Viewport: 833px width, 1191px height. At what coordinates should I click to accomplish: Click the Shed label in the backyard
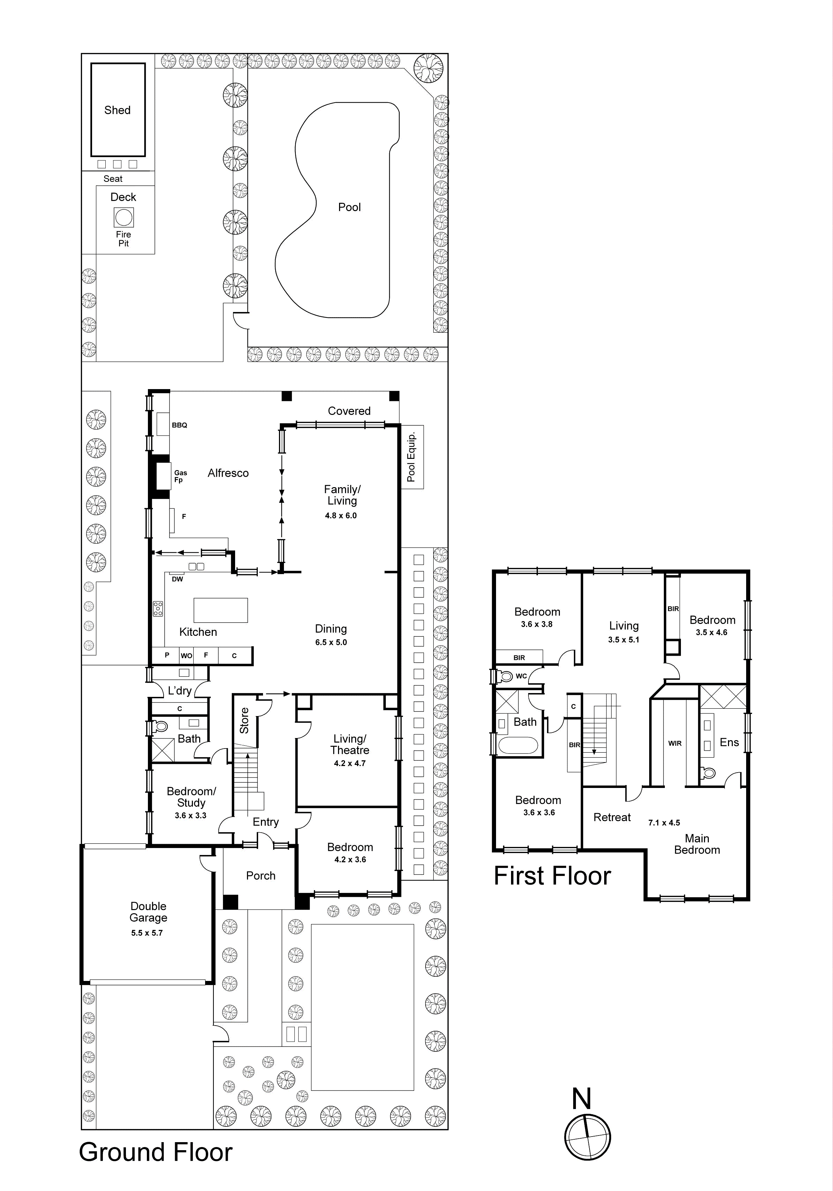117,110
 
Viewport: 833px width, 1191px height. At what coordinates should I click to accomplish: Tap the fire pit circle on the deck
123,217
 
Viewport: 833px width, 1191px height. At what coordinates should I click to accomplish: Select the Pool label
349,207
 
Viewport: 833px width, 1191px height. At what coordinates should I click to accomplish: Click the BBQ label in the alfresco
179,425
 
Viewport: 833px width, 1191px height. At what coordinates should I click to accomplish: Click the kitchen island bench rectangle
220,610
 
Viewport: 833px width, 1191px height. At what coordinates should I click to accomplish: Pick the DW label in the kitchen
178,579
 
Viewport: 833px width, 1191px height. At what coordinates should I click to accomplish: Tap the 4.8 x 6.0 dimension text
341,516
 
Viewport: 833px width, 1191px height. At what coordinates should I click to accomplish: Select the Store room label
244,721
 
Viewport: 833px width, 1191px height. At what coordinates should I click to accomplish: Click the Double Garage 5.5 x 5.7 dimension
147,933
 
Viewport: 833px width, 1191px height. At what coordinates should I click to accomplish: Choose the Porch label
260,876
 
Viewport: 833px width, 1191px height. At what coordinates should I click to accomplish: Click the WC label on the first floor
521,676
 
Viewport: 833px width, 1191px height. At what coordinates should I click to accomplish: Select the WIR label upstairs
675,743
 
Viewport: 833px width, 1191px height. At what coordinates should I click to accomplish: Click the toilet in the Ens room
708,773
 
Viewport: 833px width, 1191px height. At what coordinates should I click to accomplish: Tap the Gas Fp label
180,476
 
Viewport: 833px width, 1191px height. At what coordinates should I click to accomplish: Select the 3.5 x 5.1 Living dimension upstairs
623,640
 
